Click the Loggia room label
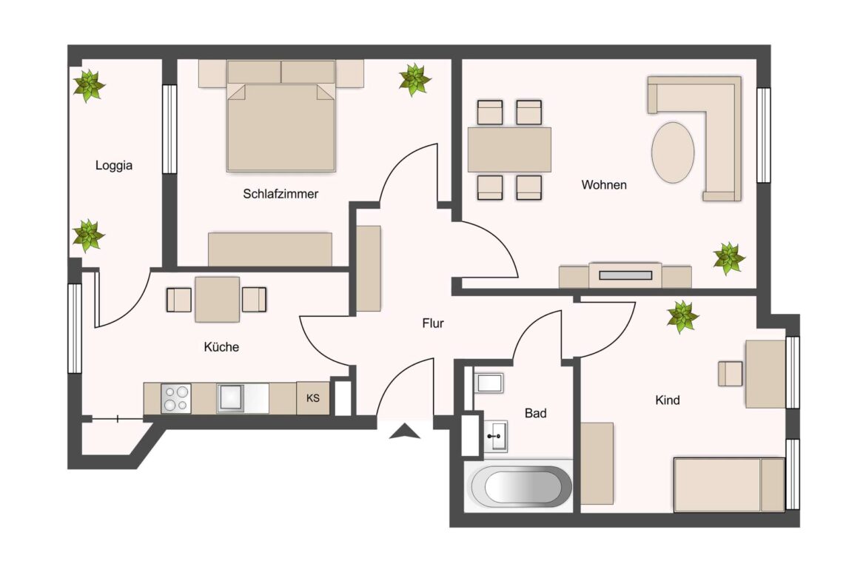pyautogui.click(x=114, y=166)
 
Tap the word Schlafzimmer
pyautogui.click(x=281, y=194)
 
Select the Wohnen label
pyautogui.click(x=604, y=185)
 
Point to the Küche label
pyautogui.click(x=221, y=346)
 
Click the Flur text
pyautogui.click(x=433, y=323)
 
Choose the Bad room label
pyautogui.click(x=535, y=413)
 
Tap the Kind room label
pyautogui.click(x=667, y=400)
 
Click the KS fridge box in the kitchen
pyautogui.click(x=313, y=398)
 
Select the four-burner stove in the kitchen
pyautogui.click(x=176, y=399)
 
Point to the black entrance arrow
pyautogui.click(x=405, y=431)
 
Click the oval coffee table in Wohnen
pyautogui.click(x=673, y=152)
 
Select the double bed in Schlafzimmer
pyautogui.click(x=281, y=127)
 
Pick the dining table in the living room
pyautogui.click(x=509, y=150)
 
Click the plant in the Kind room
pyautogui.click(x=682, y=317)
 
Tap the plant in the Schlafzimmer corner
pyautogui.click(x=414, y=79)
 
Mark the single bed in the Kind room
pyautogui.click(x=728, y=484)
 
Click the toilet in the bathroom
pyautogui.click(x=489, y=383)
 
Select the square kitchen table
pyautogui.click(x=217, y=299)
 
